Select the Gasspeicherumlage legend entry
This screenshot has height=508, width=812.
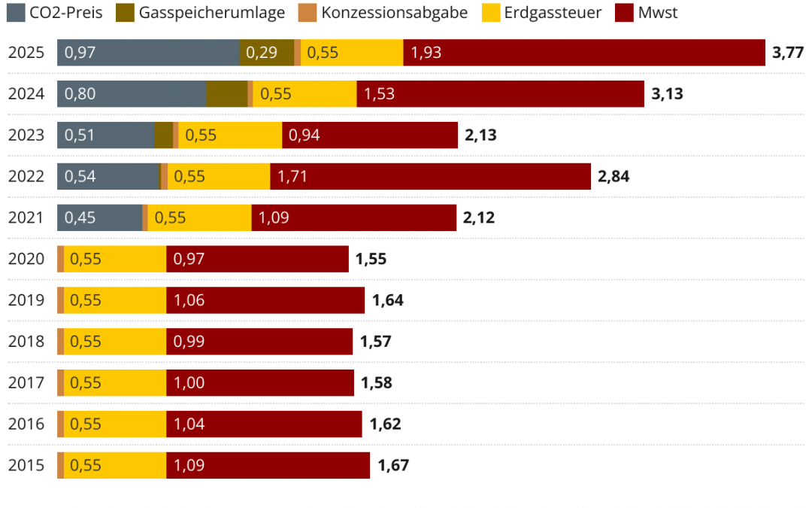(201, 12)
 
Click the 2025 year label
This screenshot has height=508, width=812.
(26, 53)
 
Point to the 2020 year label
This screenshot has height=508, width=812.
(26, 259)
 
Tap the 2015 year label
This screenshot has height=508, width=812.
(26, 465)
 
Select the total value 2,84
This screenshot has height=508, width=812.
(614, 177)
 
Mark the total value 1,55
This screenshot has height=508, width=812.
(371, 259)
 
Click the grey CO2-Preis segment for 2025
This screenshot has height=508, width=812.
(148, 53)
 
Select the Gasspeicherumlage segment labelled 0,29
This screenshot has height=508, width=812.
(267, 53)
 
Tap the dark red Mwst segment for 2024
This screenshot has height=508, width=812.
(500, 94)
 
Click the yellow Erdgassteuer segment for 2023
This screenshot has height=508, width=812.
(230, 135)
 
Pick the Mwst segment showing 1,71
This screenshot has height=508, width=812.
(430, 177)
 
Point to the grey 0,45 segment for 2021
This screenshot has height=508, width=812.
(99, 218)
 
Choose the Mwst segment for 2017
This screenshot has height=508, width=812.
(259, 382)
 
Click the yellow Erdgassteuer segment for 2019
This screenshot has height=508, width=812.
(115, 300)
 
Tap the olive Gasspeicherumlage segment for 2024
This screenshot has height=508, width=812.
(226, 94)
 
